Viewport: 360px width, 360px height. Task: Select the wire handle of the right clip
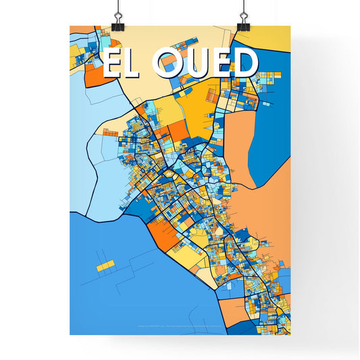(x=242, y=9)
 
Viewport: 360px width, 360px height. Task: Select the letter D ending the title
(x=245, y=63)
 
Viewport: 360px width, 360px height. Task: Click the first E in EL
(x=112, y=63)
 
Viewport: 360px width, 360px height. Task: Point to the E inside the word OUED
(x=222, y=63)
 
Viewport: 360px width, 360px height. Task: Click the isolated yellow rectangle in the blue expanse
(x=105, y=267)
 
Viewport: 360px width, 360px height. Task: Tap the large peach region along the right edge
(x=267, y=196)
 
